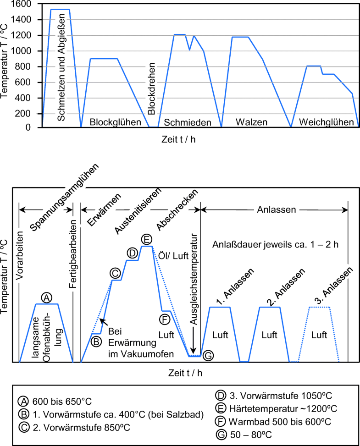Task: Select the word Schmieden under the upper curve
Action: pyautogui.click(x=188, y=122)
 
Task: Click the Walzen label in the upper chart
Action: pyautogui.click(x=251, y=122)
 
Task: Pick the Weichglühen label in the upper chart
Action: pyautogui.click(x=326, y=122)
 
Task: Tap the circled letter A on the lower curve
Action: pyautogui.click(x=46, y=297)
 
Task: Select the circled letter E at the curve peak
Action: pyautogui.click(x=146, y=240)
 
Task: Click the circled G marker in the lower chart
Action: pyautogui.click(x=208, y=355)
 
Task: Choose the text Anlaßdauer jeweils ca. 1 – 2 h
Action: pyautogui.click(x=275, y=244)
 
